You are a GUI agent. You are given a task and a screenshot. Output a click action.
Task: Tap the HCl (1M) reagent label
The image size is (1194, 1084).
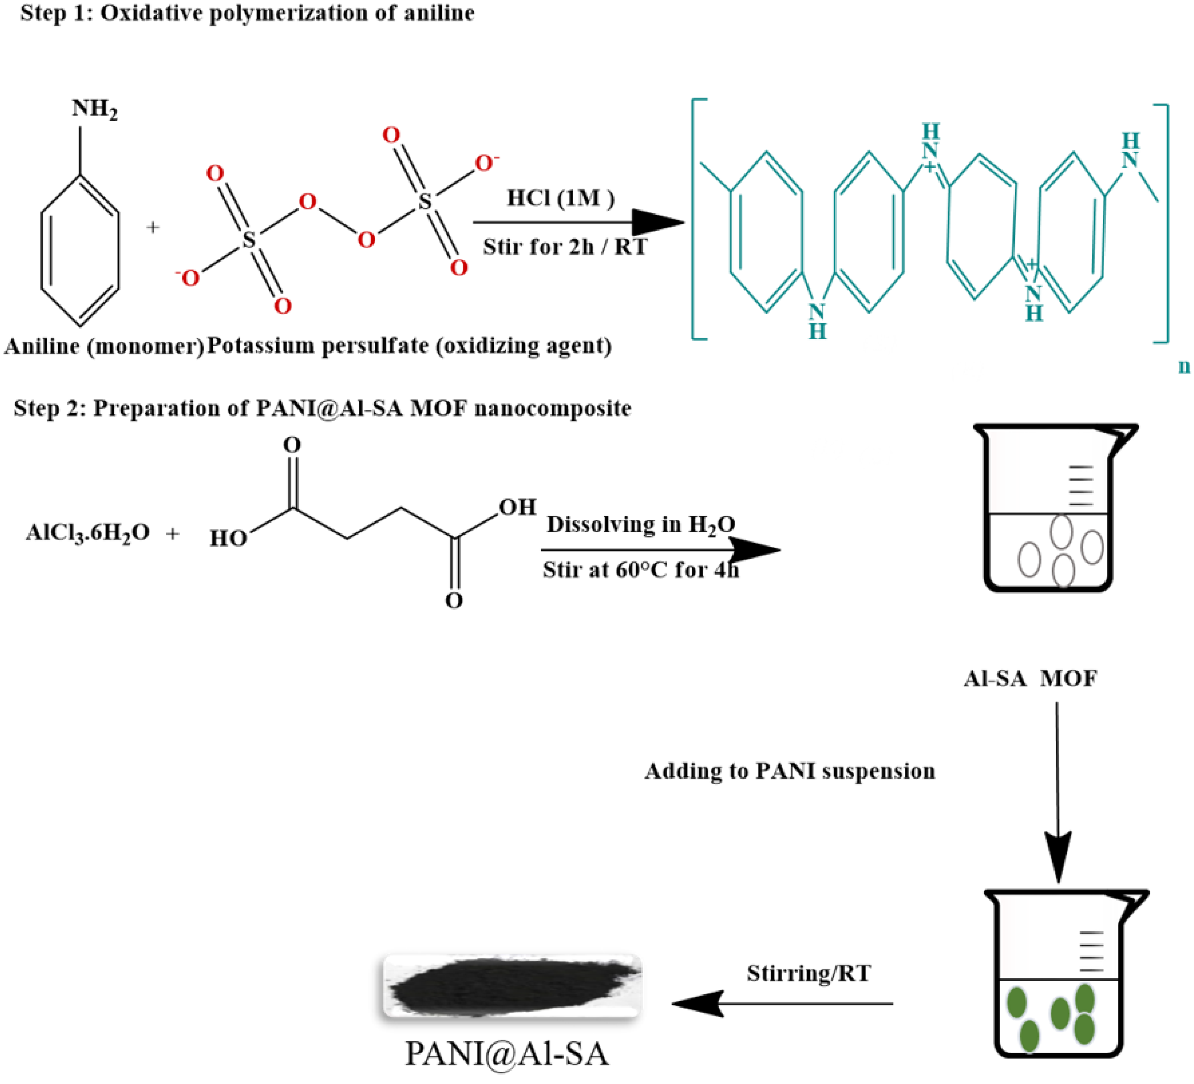(x=560, y=198)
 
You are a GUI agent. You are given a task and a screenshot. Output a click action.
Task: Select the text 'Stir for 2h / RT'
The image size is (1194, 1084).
(x=564, y=247)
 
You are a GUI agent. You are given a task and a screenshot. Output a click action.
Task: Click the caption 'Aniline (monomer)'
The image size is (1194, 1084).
(x=104, y=346)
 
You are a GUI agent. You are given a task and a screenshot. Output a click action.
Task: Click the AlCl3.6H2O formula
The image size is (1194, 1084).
(x=88, y=533)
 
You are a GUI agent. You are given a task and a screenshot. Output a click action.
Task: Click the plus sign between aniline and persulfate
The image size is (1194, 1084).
(x=153, y=227)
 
